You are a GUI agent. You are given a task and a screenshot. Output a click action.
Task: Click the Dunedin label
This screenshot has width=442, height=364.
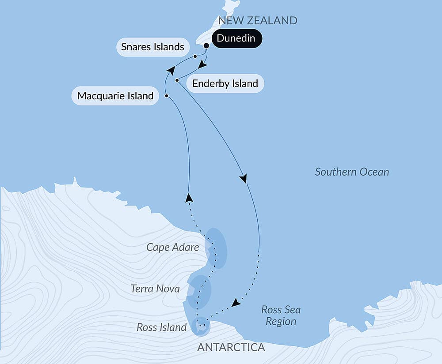click(236, 38)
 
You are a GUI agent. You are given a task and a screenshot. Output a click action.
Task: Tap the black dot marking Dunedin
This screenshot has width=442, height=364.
click(206, 45)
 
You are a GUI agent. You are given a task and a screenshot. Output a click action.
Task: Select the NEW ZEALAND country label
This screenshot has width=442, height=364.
click(258, 20)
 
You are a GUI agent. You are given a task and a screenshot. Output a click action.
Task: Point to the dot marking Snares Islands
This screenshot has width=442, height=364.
click(195, 56)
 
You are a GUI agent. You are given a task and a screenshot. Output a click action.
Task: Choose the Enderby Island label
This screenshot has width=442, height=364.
click(225, 83)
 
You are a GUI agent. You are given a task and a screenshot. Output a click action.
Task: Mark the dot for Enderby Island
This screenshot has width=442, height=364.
click(177, 80)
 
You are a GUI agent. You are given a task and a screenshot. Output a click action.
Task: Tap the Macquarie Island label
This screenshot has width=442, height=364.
click(115, 95)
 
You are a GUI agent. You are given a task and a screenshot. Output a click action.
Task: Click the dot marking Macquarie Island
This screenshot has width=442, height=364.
click(166, 95)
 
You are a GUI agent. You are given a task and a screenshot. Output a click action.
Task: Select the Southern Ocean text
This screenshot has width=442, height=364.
click(352, 172)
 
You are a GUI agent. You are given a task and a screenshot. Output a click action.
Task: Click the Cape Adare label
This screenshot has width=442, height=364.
click(173, 247)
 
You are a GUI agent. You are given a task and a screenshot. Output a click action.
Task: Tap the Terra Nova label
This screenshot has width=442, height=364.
click(155, 289)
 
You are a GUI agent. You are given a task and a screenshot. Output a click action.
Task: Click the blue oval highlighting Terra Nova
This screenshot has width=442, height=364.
click(199, 291)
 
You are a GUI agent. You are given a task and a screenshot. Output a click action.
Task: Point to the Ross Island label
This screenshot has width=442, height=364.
click(161, 327)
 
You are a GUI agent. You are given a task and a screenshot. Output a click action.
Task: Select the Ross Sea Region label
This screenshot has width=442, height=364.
click(281, 315)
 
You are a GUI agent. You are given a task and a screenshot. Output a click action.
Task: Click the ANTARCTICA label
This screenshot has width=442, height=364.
click(231, 347)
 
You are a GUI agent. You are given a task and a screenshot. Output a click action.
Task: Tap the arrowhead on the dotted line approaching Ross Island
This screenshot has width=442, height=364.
click(236, 303)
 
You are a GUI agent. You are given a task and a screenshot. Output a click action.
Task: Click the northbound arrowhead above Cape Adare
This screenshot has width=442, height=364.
click(189, 198)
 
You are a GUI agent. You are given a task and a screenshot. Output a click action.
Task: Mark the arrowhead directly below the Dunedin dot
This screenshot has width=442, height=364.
click(202, 65)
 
